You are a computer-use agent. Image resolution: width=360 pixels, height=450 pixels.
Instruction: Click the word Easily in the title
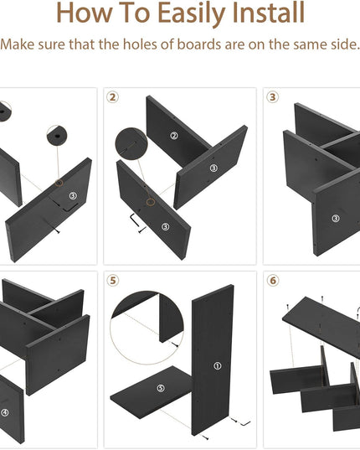[192, 13]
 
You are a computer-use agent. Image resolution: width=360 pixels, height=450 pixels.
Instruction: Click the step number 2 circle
[112, 97]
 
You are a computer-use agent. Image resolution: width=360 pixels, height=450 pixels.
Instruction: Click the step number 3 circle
[273, 97]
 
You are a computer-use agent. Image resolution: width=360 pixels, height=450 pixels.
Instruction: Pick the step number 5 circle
[113, 281]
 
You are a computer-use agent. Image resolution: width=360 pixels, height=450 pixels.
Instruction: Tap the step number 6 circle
[273, 281]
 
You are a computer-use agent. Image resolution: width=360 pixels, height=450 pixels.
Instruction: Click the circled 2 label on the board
[174, 136]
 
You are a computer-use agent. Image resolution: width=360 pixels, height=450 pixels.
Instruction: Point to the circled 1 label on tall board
[218, 365]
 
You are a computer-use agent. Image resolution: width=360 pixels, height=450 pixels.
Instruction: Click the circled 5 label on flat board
[161, 388]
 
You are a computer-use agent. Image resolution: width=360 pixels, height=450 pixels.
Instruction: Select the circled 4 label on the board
[4, 412]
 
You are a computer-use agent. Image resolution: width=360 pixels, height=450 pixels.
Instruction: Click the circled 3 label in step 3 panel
[336, 219]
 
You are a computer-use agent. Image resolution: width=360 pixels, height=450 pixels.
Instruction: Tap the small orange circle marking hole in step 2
[151, 202]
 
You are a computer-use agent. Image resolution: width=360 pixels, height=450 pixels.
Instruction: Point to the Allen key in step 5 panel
[245, 423]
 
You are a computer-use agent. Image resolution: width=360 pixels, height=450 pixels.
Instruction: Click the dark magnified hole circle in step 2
[131, 143]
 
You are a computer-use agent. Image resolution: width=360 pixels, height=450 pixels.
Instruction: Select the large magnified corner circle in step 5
[147, 328]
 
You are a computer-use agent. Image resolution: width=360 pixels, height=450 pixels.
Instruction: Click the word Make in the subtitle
[18, 44]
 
